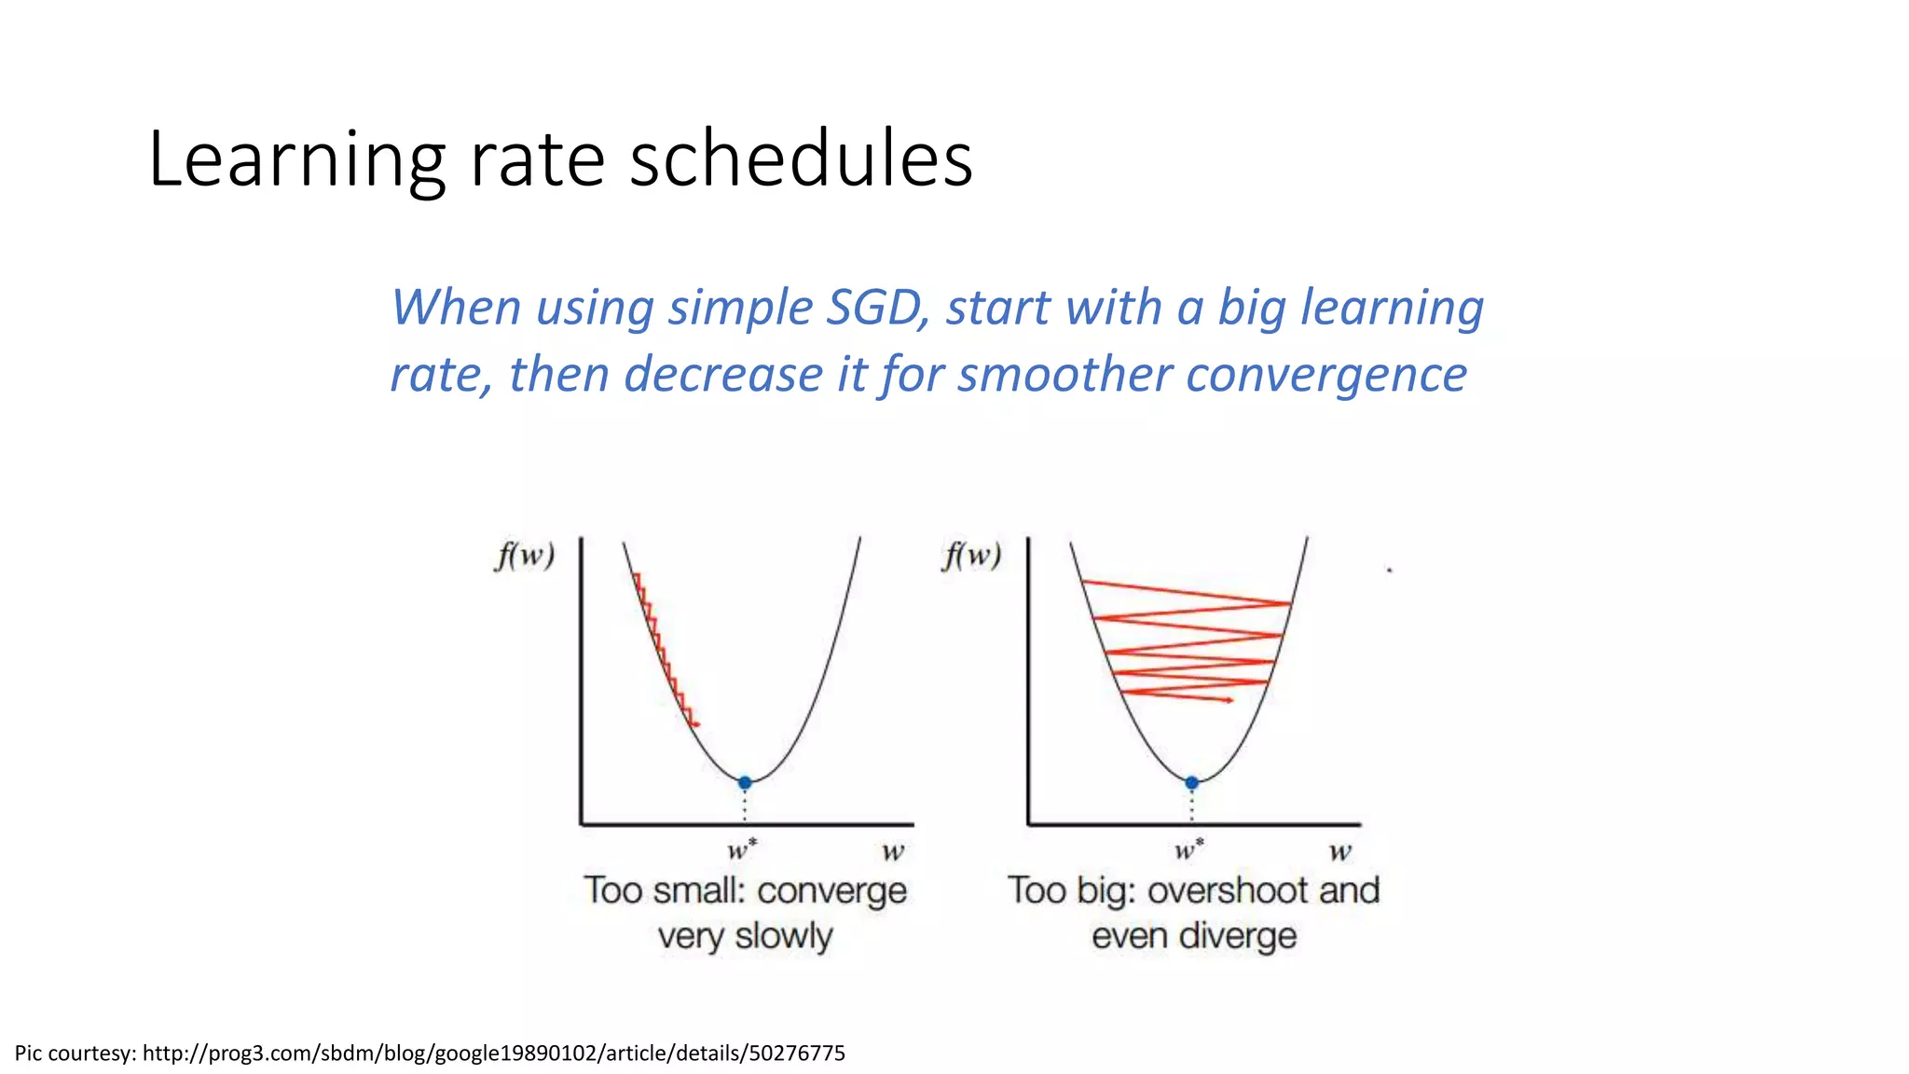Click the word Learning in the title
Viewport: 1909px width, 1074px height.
(296, 160)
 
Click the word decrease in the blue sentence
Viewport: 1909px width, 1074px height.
(722, 375)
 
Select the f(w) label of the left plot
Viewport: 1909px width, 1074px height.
(525, 556)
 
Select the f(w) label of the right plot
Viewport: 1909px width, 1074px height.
(971, 556)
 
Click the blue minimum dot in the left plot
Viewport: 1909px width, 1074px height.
(745, 782)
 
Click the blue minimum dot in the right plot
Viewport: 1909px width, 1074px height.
(1191, 782)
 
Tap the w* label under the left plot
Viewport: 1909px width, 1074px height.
(742, 850)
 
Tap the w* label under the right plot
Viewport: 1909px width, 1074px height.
(1188, 850)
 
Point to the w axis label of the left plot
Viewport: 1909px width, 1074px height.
(893, 851)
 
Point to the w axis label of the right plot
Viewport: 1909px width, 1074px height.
(1339, 851)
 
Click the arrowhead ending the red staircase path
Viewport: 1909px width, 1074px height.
(696, 724)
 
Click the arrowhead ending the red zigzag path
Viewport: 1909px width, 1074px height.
(1229, 699)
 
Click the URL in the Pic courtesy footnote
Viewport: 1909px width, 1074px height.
(493, 1053)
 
